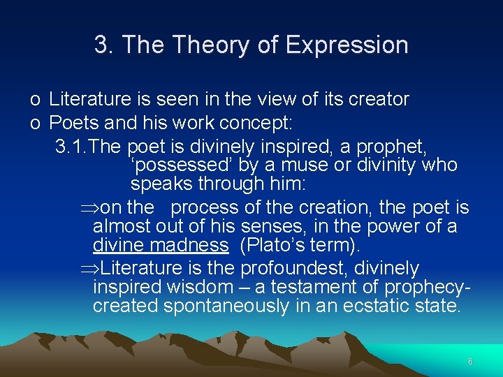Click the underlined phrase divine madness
pyautogui.click(x=161, y=246)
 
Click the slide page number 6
pyautogui.click(x=470, y=361)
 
